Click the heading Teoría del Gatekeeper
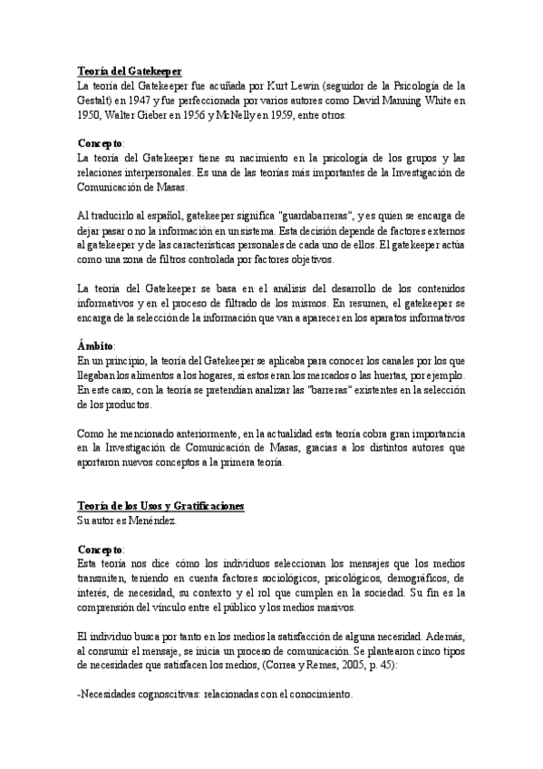tap(130, 71)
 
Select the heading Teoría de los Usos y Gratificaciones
tap(160, 505)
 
